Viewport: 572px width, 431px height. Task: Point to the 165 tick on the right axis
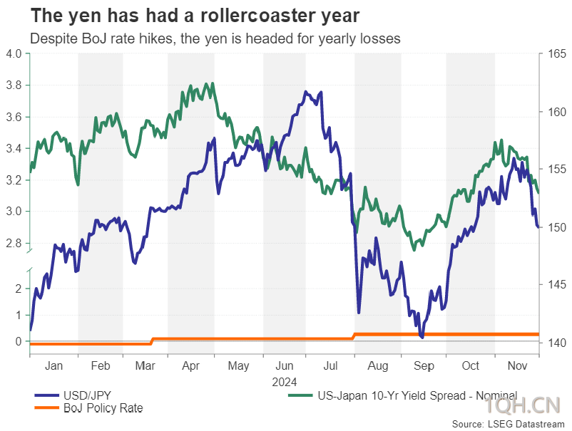point(557,54)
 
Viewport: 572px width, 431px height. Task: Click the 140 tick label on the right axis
point(557,343)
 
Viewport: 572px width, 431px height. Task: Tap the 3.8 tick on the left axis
point(14,85)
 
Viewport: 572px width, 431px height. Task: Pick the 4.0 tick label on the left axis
point(14,53)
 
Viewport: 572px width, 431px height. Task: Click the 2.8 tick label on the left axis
point(14,243)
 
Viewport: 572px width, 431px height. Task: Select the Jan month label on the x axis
point(53,365)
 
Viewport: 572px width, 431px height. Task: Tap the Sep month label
point(424,365)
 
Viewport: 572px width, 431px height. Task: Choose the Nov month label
point(517,365)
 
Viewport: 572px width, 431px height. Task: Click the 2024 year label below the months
point(285,382)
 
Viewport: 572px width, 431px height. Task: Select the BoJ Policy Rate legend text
point(103,408)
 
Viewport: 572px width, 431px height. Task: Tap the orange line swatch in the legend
point(46,407)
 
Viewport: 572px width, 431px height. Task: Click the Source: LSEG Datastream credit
point(508,424)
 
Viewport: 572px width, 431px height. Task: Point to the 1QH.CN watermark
point(523,405)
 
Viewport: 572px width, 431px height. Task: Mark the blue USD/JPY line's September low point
point(422,338)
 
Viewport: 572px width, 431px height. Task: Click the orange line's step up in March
point(152,341)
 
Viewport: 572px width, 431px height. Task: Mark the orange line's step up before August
point(354,336)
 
